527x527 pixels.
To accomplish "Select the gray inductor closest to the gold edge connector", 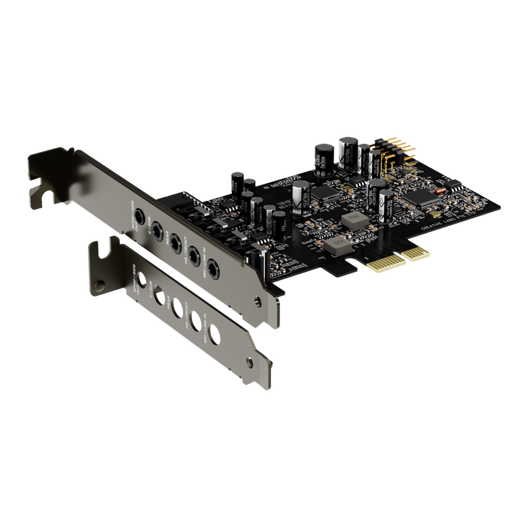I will [337, 244].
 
